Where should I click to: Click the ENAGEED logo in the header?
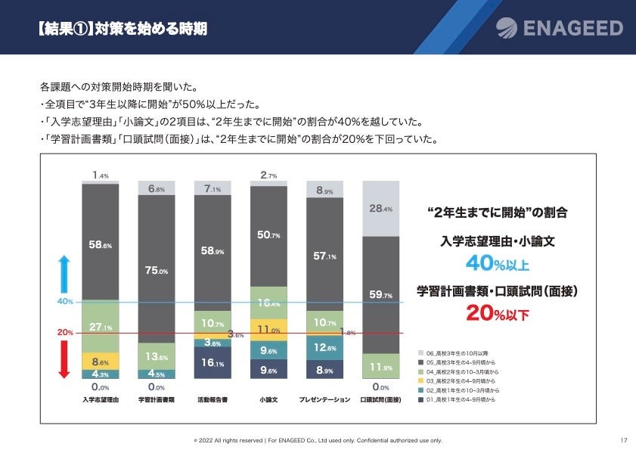point(560,29)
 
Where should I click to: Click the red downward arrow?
point(64,360)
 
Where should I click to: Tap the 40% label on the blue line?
point(65,303)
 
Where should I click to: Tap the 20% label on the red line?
point(65,333)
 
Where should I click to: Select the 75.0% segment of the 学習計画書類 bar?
point(157,271)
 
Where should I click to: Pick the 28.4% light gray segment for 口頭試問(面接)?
point(381,208)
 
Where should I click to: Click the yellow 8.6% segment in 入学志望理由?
point(101,362)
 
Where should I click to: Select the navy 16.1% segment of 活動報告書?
point(213,363)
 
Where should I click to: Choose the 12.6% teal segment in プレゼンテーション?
point(325,347)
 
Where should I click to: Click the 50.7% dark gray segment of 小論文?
point(269,236)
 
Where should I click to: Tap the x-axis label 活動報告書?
point(213,399)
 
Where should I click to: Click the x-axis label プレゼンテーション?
point(324,399)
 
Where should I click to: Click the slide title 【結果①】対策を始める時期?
point(121,29)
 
